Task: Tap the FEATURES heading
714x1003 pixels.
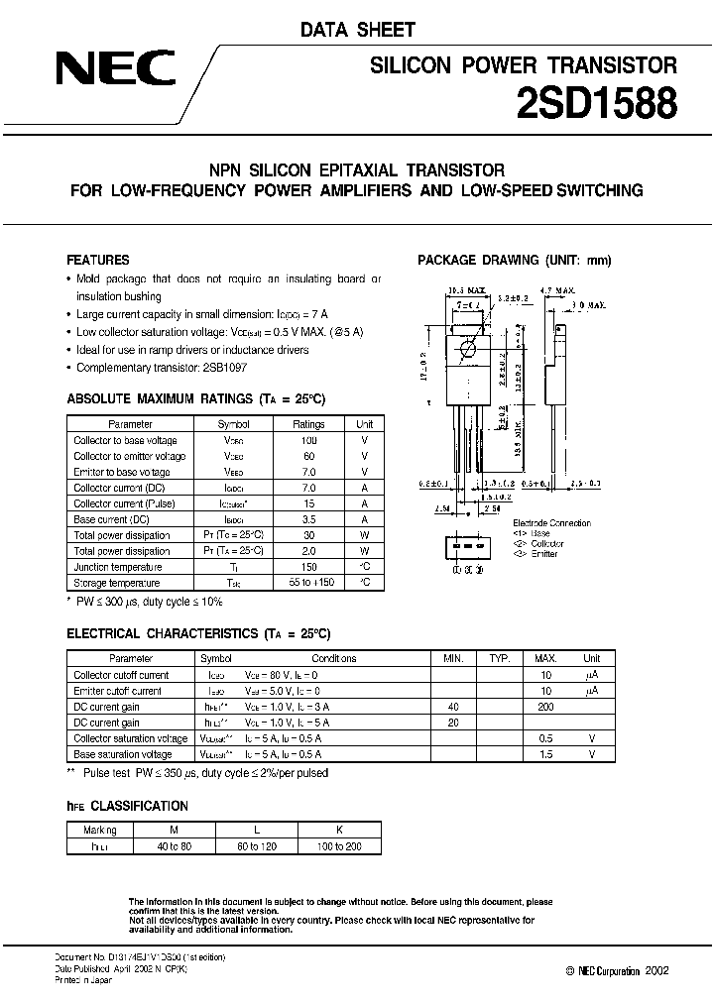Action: (x=97, y=260)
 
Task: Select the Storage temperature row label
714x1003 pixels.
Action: (x=116, y=583)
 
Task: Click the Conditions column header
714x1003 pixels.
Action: (x=332, y=658)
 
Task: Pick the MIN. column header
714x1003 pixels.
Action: (x=454, y=658)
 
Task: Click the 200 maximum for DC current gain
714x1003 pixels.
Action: (x=545, y=707)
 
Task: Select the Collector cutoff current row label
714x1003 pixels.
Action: (x=121, y=675)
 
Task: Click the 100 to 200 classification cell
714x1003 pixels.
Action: (x=338, y=846)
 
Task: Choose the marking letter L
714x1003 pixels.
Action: (x=255, y=831)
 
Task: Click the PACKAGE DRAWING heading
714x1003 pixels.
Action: (x=515, y=261)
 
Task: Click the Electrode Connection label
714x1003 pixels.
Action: (x=551, y=522)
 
